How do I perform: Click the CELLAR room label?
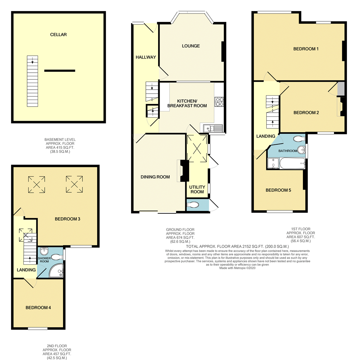click(x=58, y=35)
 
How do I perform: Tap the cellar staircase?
click(x=32, y=81)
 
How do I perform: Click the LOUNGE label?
click(x=191, y=46)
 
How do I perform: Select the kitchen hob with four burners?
click(x=219, y=102)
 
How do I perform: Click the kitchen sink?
click(x=213, y=128)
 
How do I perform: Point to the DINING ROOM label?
click(x=155, y=177)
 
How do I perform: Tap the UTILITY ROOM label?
click(x=197, y=189)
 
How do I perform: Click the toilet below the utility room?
click(x=193, y=204)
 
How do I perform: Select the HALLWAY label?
click(x=146, y=57)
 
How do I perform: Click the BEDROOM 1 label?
click(x=306, y=49)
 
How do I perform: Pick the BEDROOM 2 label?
click(x=306, y=112)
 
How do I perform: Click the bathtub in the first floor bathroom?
click(x=292, y=163)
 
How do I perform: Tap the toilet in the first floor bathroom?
click(x=299, y=139)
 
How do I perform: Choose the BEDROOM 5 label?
click(x=278, y=190)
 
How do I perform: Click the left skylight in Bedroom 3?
click(x=37, y=184)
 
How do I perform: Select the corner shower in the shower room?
click(x=56, y=270)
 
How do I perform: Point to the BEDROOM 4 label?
click(x=38, y=308)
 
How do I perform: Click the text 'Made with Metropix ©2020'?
click(x=237, y=268)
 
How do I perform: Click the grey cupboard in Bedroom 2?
click(x=341, y=89)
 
